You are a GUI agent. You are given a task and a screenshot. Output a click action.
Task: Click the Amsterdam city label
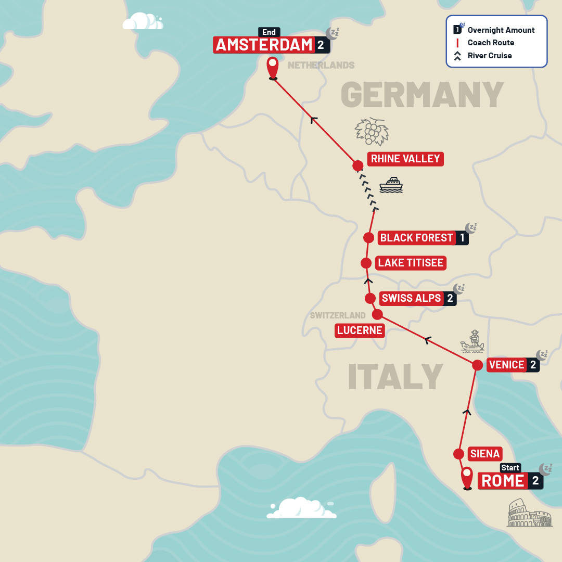(264, 45)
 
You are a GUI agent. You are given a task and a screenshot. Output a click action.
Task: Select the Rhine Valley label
(405, 159)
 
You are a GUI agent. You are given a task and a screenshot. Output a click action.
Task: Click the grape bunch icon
(372, 131)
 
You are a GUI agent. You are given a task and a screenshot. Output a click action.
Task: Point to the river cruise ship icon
(391, 185)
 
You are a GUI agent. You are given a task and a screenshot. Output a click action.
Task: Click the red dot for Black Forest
(368, 238)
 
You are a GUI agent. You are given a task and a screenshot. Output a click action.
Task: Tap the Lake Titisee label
(411, 263)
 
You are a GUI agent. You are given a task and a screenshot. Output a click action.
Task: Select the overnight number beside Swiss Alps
(450, 298)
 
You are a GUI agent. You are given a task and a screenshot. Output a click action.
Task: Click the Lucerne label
(360, 330)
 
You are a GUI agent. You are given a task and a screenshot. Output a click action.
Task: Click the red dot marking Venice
(477, 365)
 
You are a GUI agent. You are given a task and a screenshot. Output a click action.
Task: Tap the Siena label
(484, 454)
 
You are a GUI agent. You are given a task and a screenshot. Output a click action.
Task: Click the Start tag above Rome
(510, 468)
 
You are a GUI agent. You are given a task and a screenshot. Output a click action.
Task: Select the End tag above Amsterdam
(269, 32)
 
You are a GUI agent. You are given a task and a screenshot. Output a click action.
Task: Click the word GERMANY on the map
(422, 94)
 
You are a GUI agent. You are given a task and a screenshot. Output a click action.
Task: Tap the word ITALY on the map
(395, 376)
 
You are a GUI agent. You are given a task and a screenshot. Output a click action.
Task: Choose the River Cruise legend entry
(489, 56)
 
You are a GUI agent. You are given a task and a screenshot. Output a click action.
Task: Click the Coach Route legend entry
(490, 43)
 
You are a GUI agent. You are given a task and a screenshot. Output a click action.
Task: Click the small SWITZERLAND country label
(338, 315)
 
